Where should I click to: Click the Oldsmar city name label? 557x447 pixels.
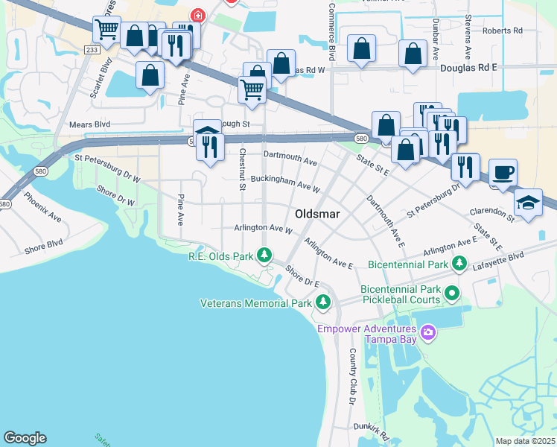click(x=317, y=214)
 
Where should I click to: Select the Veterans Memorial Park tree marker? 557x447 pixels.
click(x=322, y=302)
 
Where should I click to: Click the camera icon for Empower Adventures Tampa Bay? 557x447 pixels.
click(x=428, y=331)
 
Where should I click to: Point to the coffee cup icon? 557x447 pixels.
click(x=503, y=173)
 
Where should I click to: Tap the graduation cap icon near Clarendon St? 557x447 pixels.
click(x=528, y=203)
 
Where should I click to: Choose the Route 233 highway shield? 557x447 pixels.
click(x=92, y=49)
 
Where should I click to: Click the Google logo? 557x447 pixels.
click(x=25, y=438)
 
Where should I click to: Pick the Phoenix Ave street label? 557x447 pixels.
click(x=42, y=208)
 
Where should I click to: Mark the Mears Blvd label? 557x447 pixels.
click(x=89, y=124)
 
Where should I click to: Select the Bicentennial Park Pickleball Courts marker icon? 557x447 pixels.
click(x=451, y=294)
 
